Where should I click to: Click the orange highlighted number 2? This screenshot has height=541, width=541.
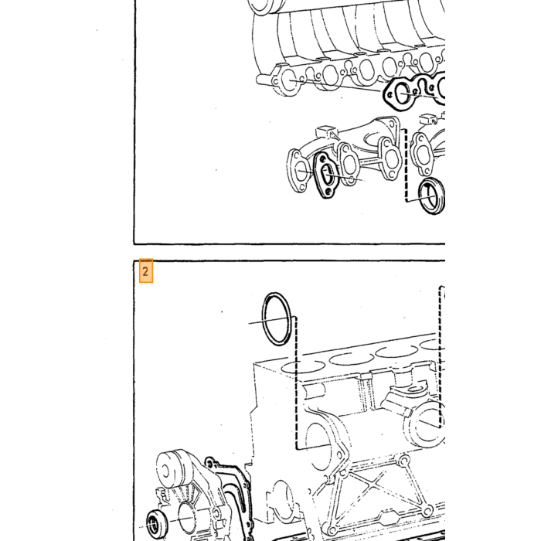click(x=145, y=271)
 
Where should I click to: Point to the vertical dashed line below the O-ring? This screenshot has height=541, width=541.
click(x=296, y=383)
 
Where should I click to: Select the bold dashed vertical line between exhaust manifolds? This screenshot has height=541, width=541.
click(x=406, y=165)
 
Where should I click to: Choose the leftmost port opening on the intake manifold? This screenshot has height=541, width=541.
click(x=289, y=80)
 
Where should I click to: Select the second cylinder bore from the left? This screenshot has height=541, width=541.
click(x=351, y=359)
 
